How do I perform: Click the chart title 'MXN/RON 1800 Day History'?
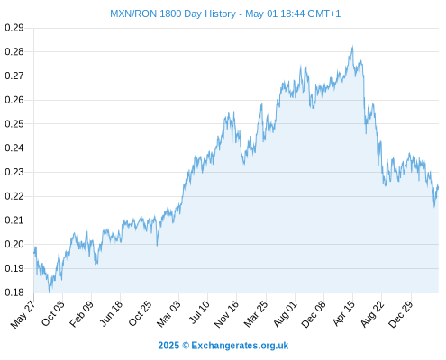pos(173,13)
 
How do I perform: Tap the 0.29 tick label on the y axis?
pos(14,28)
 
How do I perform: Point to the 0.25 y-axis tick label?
pos(14,123)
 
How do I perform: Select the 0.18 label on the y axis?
pos(14,292)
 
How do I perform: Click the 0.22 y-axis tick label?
pos(14,196)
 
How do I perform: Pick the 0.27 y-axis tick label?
pos(14,76)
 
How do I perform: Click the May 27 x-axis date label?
pos(23,314)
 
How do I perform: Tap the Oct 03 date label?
pos(53,313)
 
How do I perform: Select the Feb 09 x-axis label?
pos(81,314)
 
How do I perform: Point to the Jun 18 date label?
pos(111,313)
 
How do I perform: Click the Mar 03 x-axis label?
pos(168,314)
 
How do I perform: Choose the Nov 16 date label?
pos(226,314)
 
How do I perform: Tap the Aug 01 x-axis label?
pos(285,314)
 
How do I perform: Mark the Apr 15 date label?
pos(343,313)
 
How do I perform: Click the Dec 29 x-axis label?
pos(401,314)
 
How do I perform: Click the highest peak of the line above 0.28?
pos(352,47)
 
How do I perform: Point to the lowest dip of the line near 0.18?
pos(49,292)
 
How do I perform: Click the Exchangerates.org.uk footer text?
pos(240,346)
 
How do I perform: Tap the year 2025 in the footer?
pos(168,346)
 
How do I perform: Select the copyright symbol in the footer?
pos(186,346)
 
